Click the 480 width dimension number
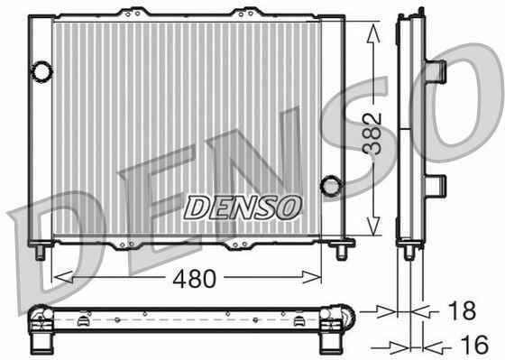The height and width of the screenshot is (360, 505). click(194, 279)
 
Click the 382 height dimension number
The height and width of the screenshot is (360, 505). click(372, 134)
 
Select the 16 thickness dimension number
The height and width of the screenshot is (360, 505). click(474, 345)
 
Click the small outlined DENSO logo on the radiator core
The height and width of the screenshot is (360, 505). click(243, 208)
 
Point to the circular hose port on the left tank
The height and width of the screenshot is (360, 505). click(41, 71)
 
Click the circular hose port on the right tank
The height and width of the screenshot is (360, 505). click(331, 186)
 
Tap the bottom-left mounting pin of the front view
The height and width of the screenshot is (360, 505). click(41, 252)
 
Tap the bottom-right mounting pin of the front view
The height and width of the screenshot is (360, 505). click(341, 252)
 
